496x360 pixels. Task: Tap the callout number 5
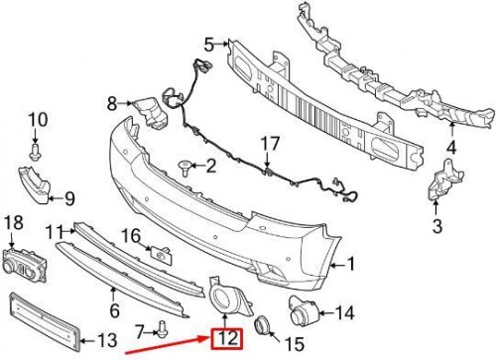coord(209,43)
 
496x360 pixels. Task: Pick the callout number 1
coord(347,264)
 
